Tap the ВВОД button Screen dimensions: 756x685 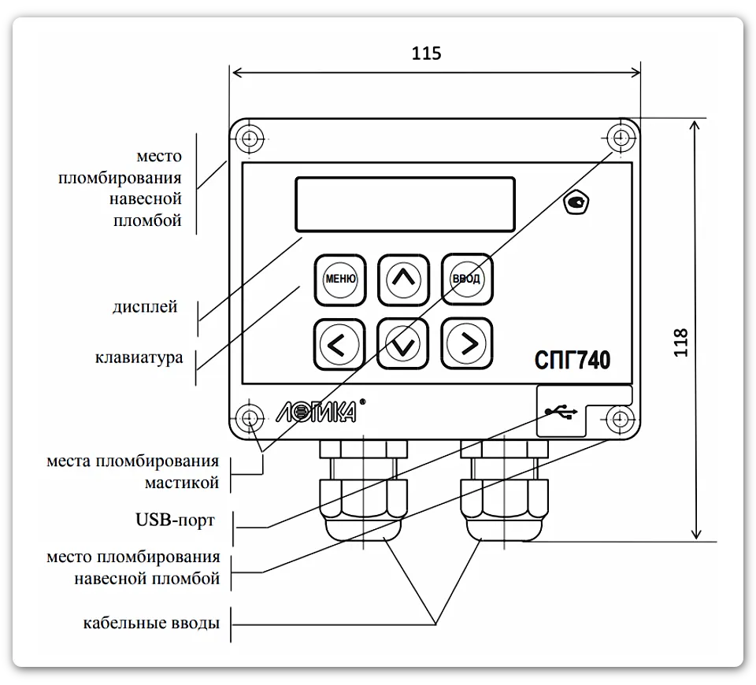click(x=467, y=279)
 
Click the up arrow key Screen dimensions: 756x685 click(x=403, y=280)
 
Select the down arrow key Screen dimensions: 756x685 click(x=402, y=344)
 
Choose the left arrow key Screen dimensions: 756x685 click(x=339, y=344)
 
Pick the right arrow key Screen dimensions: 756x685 click(x=467, y=343)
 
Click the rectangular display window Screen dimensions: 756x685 click(x=405, y=205)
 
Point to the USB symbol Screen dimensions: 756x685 click(x=561, y=412)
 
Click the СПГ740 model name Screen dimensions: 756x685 click(x=573, y=360)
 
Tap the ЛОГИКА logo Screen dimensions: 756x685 click(x=320, y=411)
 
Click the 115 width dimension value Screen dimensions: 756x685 click(x=426, y=53)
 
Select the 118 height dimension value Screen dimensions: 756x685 click(x=680, y=342)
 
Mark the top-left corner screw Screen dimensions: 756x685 click(x=250, y=139)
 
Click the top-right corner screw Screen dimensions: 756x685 click(x=621, y=139)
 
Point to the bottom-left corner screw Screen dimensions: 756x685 click(x=250, y=417)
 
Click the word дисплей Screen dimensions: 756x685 click(x=145, y=307)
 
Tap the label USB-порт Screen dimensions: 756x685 click(x=175, y=520)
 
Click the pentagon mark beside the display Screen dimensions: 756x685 click(x=576, y=202)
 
